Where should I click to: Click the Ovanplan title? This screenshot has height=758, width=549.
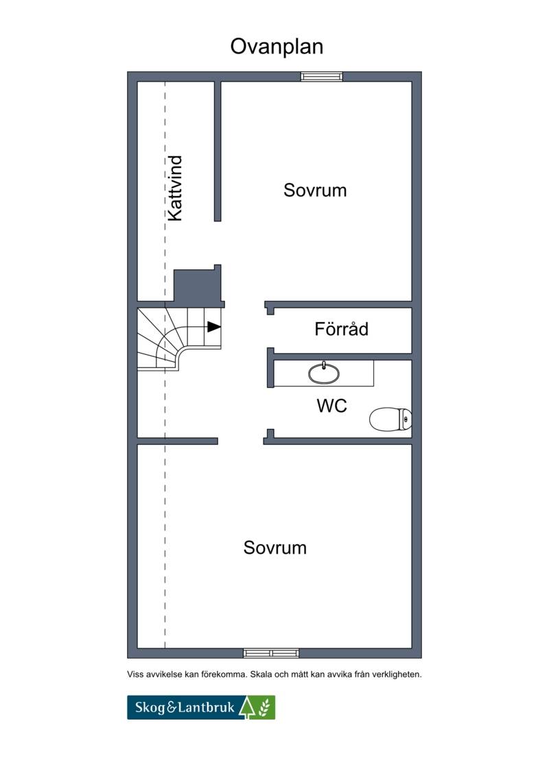(277, 47)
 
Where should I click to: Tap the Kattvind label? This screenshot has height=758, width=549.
(175, 188)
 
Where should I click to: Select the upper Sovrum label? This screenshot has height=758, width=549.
(315, 191)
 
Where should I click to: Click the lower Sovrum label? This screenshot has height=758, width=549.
(275, 548)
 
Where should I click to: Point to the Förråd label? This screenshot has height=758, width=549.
(341, 329)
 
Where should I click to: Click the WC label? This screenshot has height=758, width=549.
(331, 406)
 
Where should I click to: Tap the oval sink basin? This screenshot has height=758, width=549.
(324, 374)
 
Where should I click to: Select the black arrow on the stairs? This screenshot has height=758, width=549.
(214, 327)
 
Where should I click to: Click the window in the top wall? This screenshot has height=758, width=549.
(321, 76)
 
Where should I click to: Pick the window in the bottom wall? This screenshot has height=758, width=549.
(271, 653)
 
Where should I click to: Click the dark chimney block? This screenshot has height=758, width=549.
(198, 286)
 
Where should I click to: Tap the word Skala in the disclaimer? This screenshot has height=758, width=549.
(261, 674)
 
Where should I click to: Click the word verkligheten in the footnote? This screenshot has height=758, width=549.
(397, 674)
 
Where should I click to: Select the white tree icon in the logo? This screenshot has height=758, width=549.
(247, 707)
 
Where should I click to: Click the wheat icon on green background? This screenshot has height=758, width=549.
(265, 707)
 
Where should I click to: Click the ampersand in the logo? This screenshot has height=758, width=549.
(172, 708)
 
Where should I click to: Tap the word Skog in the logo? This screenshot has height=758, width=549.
(150, 708)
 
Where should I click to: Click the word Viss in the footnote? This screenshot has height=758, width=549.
(136, 674)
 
